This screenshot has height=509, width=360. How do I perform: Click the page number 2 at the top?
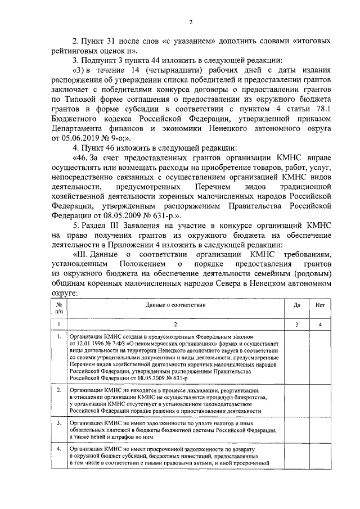coord(191,22)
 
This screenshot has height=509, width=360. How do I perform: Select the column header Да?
coord(296,306)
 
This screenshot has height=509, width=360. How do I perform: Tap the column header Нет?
coord(320,306)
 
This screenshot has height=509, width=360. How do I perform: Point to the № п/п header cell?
coord(58,307)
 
